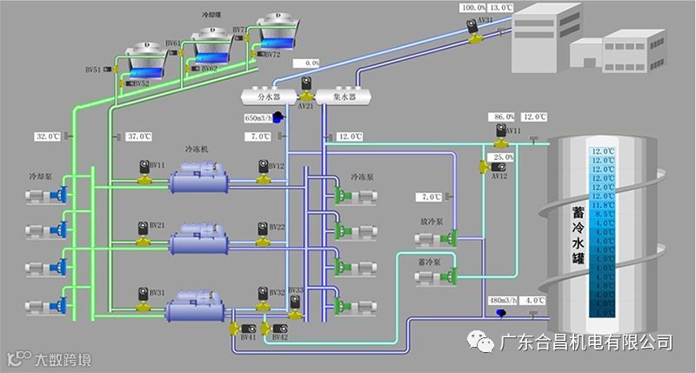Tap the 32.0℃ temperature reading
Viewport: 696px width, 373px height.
point(47,137)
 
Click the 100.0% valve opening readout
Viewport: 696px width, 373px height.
point(473,7)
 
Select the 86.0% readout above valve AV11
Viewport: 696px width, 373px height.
point(504,117)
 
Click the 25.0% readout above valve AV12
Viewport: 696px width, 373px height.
point(504,157)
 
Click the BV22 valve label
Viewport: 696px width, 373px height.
point(277,227)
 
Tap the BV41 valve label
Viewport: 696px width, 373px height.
point(248,337)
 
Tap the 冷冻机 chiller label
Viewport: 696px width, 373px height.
point(197,150)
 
